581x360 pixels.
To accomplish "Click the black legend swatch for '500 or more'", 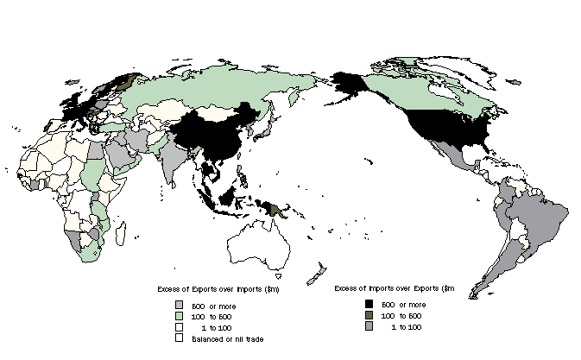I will [x=369, y=305].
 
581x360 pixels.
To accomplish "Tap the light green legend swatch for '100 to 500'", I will [x=179, y=317].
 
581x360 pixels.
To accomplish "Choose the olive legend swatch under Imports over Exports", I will [x=369, y=317].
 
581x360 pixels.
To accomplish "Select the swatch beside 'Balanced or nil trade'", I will [x=179, y=339].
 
